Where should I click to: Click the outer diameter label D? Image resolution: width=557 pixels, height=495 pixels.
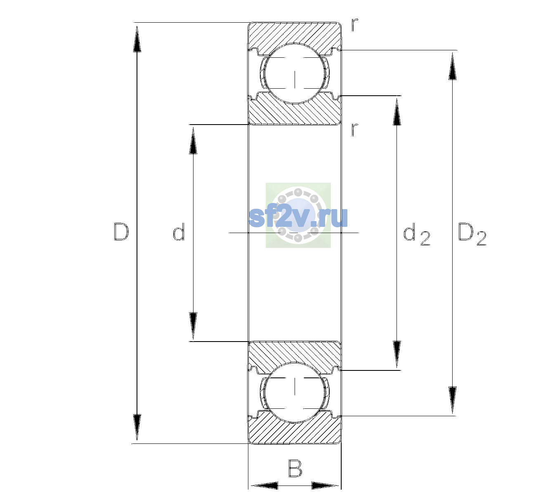click(121, 232)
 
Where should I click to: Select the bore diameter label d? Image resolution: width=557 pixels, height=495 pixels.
click(179, 231)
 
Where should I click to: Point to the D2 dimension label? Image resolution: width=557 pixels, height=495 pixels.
click(472, 234)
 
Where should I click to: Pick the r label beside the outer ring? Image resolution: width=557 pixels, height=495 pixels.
click(355, 24)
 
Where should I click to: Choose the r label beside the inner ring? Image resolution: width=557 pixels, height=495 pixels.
click(355, 130)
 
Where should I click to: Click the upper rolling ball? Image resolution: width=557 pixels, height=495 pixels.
click(295, 73)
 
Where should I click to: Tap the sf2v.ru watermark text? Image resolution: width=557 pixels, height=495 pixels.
click(298, 217)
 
